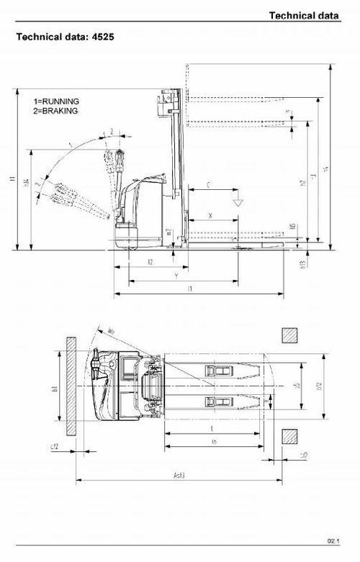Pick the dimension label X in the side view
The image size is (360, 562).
[x=210, y=215]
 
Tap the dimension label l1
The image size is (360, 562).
[x=189, y=289]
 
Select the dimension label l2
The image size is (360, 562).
[x=149, y=262]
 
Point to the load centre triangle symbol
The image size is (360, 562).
[x=235, y=202]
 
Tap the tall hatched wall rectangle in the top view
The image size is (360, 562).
[x=71, y=386]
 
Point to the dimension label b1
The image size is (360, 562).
[x=53, y=388]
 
